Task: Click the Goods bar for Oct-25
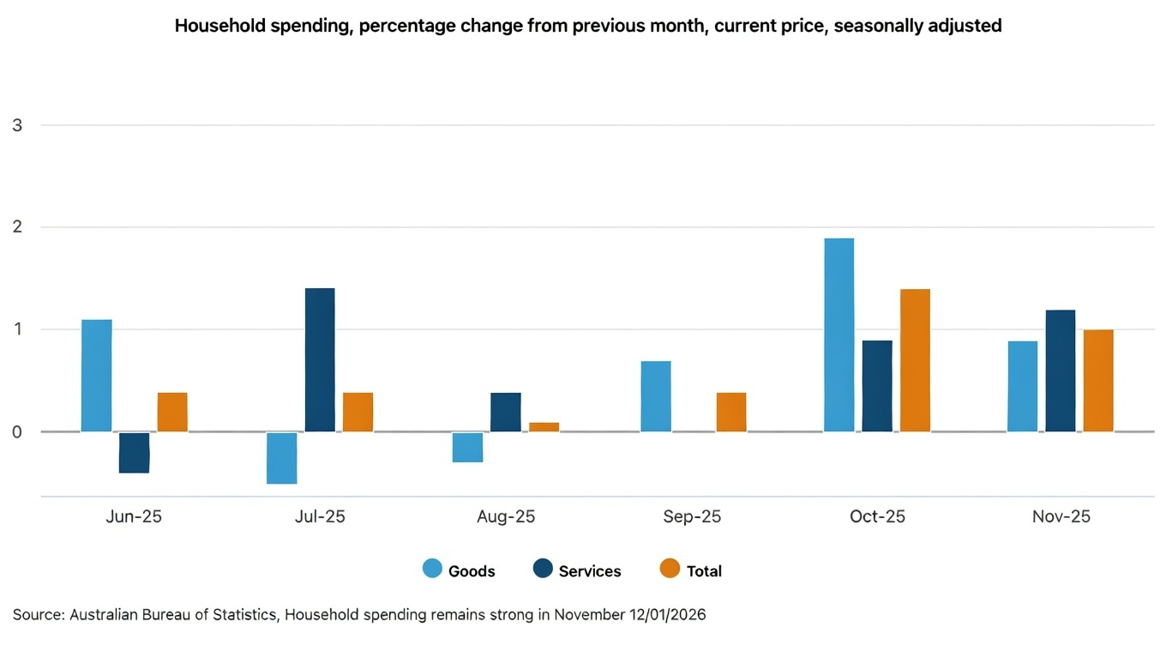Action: (838, 335)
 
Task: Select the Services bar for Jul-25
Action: (320, 359)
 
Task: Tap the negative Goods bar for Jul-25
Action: (282, 458)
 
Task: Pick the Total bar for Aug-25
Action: (544, 426)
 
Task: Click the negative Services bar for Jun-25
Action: (134, 453)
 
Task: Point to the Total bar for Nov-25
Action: (1098, 380)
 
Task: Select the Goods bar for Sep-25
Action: (656, 396)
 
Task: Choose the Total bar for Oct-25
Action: (915, 360)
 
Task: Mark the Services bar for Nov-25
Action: (1060, 371)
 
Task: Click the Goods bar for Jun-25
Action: (97, 375)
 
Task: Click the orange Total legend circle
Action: (670, 570)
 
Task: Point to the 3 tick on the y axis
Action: (17, 125)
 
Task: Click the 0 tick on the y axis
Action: (17, 431)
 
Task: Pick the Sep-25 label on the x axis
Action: (692, 517)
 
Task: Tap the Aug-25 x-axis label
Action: (506, 517)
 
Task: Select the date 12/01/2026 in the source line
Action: (666, 615)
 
